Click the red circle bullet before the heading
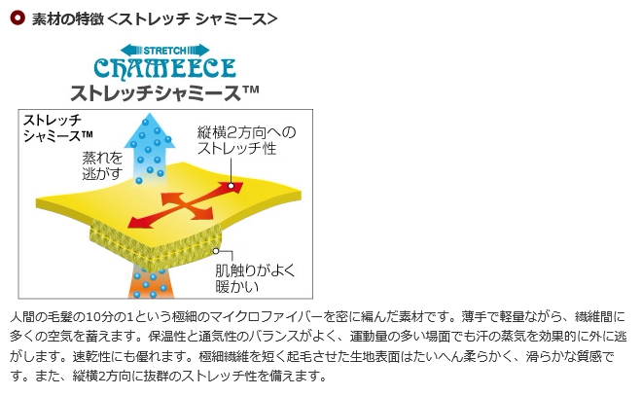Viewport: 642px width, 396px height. (x=16, y=18)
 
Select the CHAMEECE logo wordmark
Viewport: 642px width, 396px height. (x=164, y=67)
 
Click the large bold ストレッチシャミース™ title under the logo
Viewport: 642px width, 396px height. (x=164, y=93)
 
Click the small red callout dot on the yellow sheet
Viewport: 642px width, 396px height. (x=232, y=187)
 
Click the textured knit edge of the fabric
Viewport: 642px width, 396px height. (x=146, y=238)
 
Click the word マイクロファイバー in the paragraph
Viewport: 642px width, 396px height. (x=253, y=317)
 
